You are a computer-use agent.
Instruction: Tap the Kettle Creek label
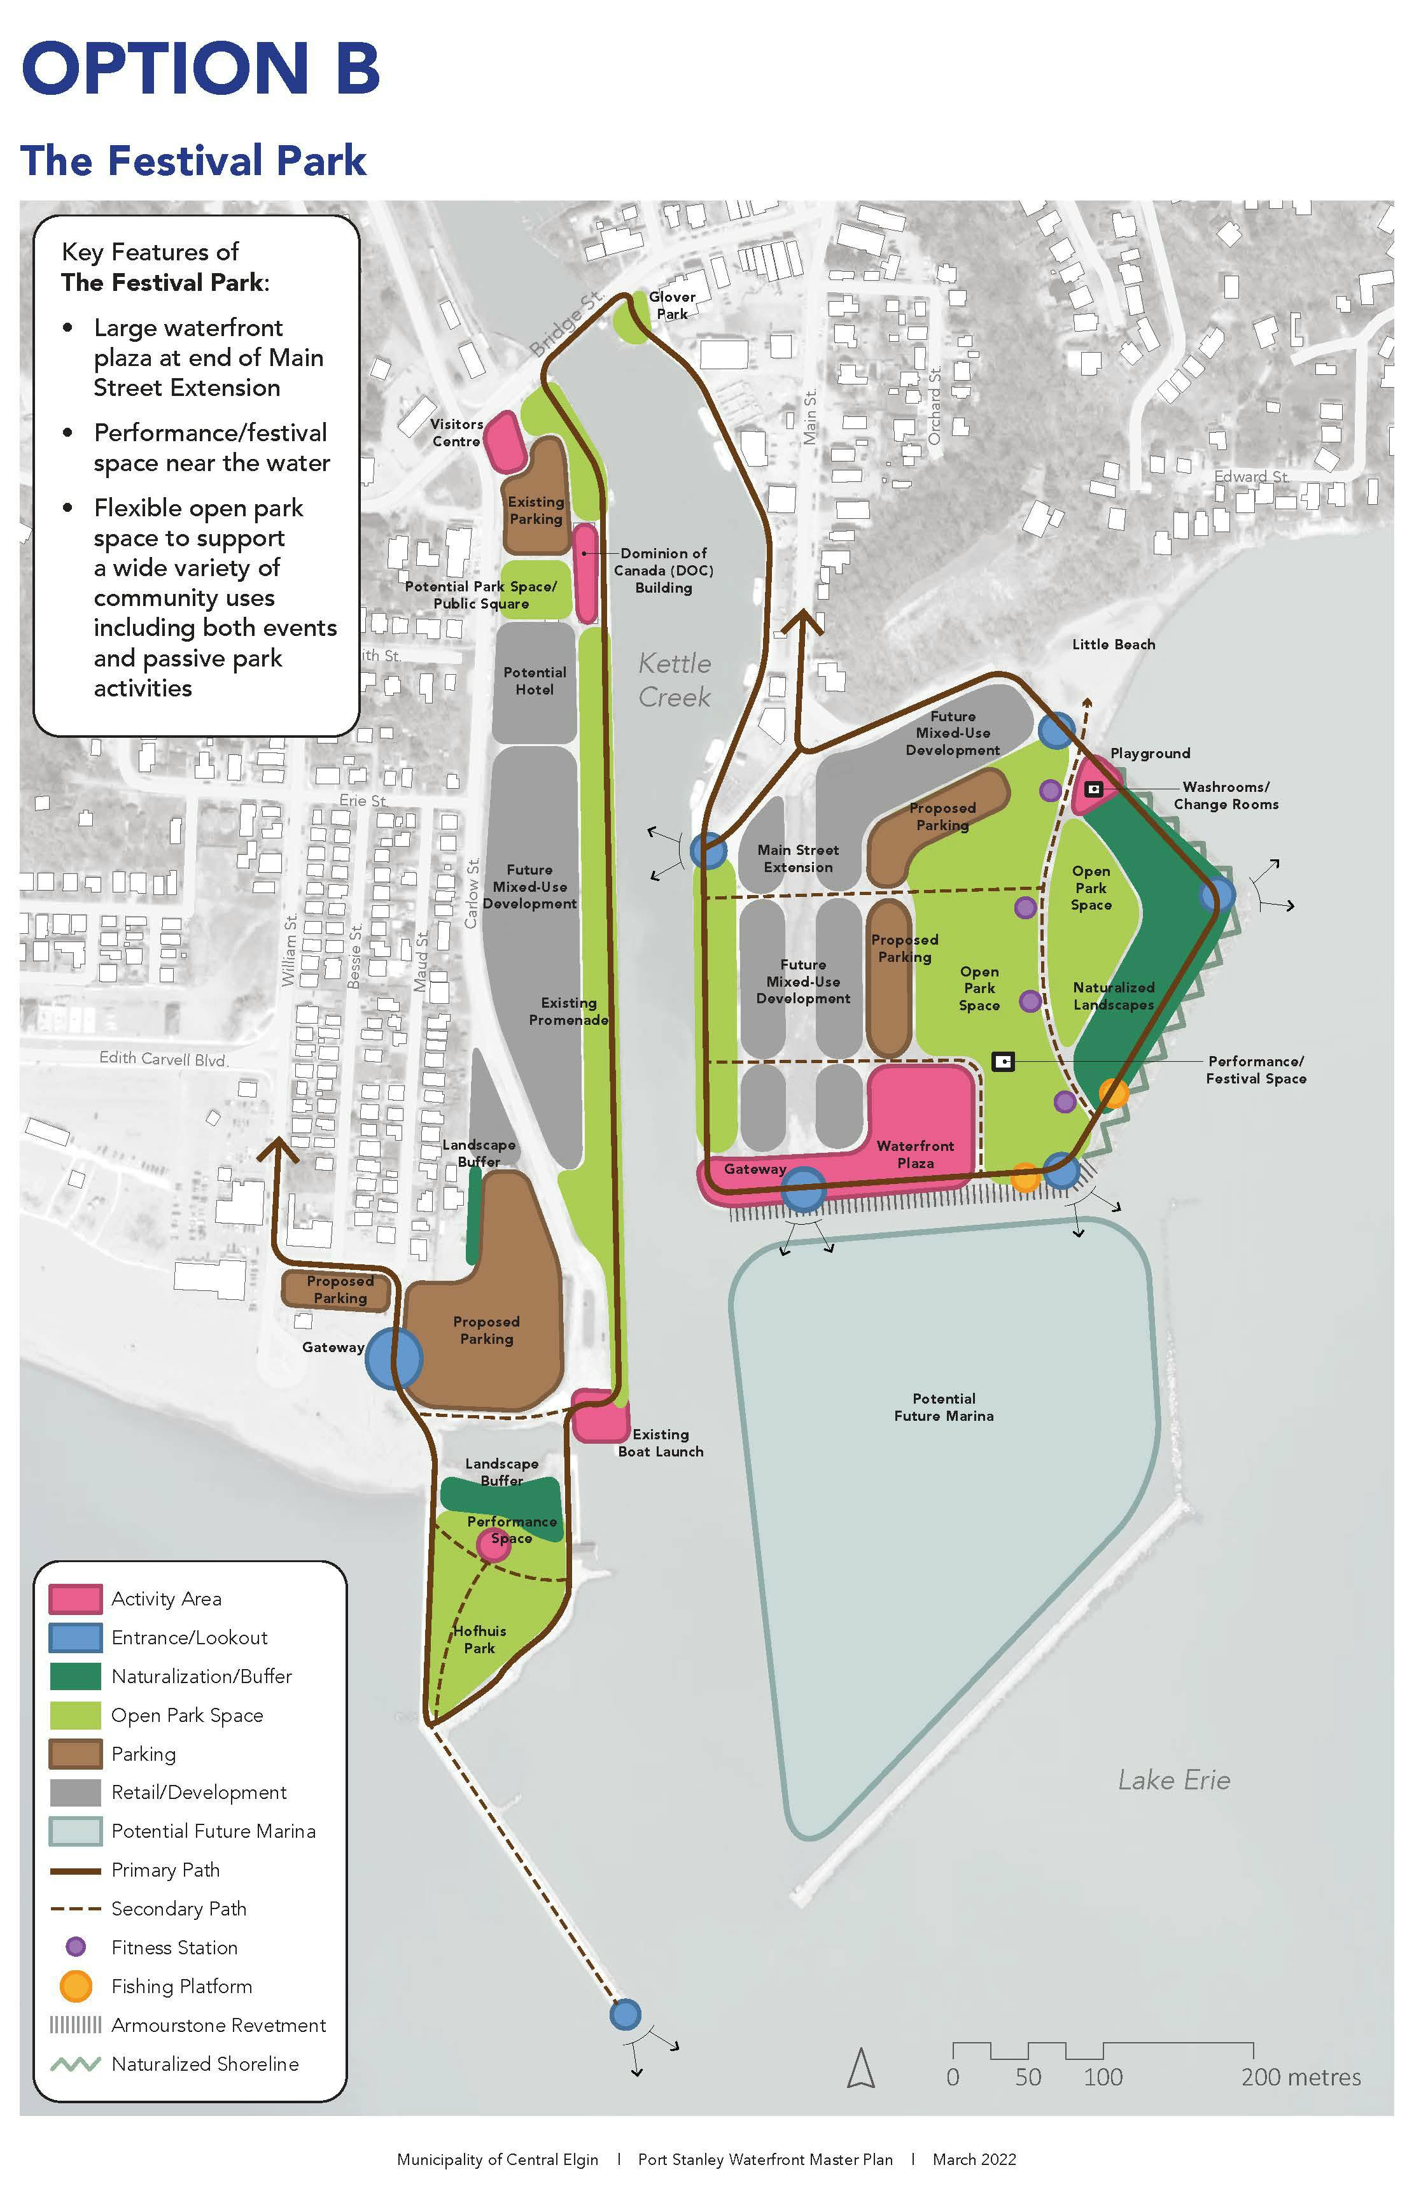coord(674,680)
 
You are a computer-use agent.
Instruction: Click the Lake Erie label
coord(1173,1780)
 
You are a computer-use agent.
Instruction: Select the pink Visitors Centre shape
coord(503,442)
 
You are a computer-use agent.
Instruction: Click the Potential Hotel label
coord(535,680)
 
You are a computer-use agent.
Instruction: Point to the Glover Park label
coord(672,305)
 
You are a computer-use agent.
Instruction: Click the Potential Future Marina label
coord(943,1407)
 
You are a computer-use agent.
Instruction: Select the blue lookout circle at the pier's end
coord(626,2014)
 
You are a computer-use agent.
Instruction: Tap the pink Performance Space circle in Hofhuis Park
coord(493,1544)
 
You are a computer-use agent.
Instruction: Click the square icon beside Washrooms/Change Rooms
coord(1093,789)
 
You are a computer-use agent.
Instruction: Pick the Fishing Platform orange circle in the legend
coord(75,1985)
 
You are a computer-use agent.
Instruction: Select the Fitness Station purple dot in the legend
coord(75,1947)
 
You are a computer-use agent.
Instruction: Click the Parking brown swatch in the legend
coord(75,1753)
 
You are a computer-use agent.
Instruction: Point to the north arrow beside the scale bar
coord(860,2070)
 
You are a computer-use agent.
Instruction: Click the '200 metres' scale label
coord(1300,2077)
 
